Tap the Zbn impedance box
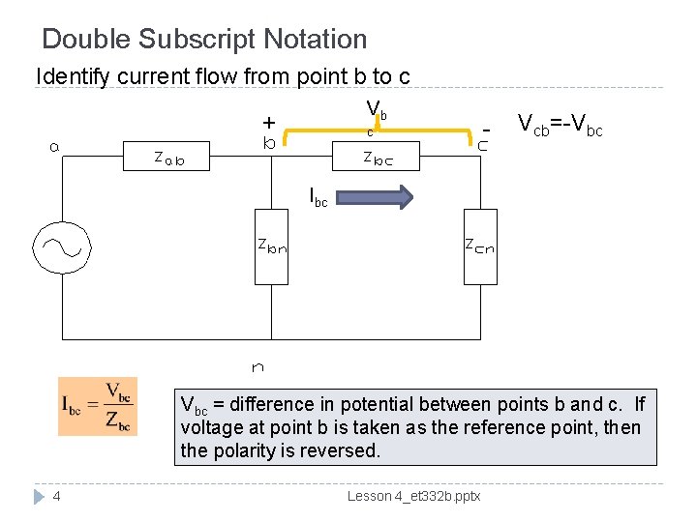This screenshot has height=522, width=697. click(272, 246)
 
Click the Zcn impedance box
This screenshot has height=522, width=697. click(480, 246)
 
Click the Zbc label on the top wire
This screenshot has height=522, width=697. click(378, 158)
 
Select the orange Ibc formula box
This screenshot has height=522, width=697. click(97, 406)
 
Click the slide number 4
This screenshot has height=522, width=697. click(58, 497)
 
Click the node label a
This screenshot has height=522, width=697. click(55, 147)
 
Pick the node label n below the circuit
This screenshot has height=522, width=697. click(258, 367)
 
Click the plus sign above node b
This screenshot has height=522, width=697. click(268, 123)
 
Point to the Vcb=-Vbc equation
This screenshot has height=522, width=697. click(560, 125)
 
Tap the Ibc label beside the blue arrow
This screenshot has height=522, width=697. click(318, 198)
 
